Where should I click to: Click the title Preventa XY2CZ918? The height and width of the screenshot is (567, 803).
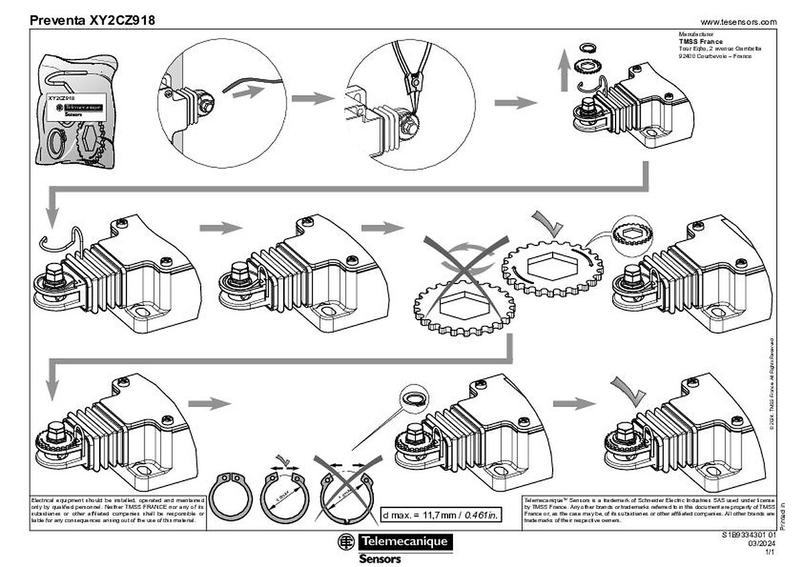click(92, 20)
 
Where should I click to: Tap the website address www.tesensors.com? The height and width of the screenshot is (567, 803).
click(738, 21)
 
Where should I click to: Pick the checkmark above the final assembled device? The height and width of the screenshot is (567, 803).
click(629, 388)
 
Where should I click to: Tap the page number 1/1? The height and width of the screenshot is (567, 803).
click(770, 552)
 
